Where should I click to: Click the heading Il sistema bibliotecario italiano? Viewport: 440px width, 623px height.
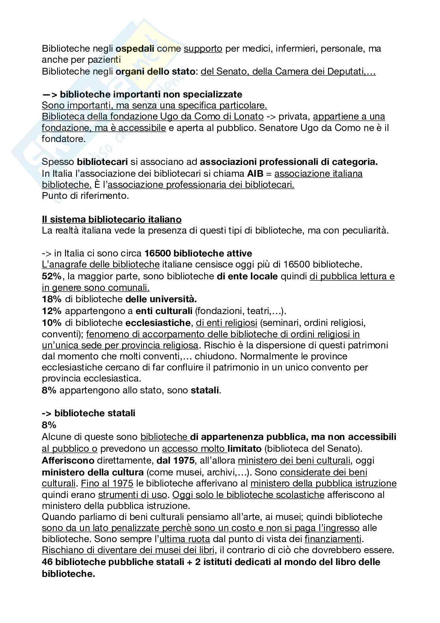[112, 219]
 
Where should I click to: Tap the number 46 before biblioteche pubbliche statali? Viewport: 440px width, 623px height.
[47, 562]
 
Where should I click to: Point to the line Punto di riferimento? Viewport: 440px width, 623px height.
[85, 196]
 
